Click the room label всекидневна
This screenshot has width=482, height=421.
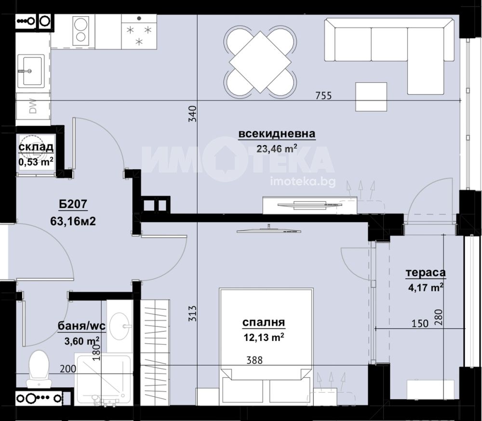(x=277, y=134)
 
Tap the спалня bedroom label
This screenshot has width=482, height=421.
(x=264, y=323)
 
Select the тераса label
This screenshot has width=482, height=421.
(x=426, y=272)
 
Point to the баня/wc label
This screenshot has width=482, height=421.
(x=82, y=326)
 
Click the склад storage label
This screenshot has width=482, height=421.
(x=36, y=147)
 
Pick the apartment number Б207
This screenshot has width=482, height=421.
(x=73, y=204)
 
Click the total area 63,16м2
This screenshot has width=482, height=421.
(x=73, y=221)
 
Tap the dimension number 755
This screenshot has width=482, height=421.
(x=324, y=96)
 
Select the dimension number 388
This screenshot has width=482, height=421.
(x=254, y=360)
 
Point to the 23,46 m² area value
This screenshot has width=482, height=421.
(x=277, y=149)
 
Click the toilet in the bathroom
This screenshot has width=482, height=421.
(x=39, y=369)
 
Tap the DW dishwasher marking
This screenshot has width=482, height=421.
(x=33, y=106)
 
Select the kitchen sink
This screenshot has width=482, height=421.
(x=31, y=70)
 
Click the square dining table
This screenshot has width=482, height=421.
(x=260, y=62)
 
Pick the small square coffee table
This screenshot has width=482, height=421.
(x=371, y=97)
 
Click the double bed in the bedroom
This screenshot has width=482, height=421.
(x=266, y=345)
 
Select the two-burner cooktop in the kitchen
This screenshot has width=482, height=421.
(x=81, y=31)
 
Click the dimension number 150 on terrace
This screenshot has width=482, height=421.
(x=420, y=324)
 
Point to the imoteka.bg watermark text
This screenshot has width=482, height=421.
(x=303, y=182)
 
